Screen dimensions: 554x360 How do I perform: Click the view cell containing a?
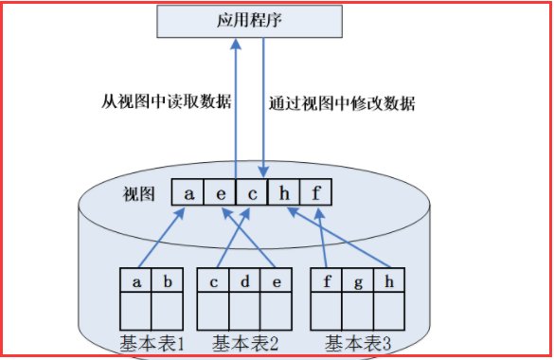(x=189, y=193)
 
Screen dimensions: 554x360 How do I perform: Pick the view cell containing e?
(x=221, y=193)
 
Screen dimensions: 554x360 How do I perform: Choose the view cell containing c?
(x=252, y=193)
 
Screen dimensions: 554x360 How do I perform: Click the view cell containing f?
(x=317, y=193)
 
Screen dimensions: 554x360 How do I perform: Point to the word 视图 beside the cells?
(x=138, y=195)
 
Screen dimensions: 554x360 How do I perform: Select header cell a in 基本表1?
(x=136, y=281)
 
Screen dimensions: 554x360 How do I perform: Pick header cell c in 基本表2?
(x=215, y=281)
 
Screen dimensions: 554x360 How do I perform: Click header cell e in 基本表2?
(x=276, y=281)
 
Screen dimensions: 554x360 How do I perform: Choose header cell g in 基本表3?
(x=356, y=281)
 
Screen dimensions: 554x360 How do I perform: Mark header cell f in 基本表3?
(x=327, y=281)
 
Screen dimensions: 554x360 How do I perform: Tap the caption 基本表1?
(x=152, y=341)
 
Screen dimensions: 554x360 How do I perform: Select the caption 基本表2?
(x=244, y=341)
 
